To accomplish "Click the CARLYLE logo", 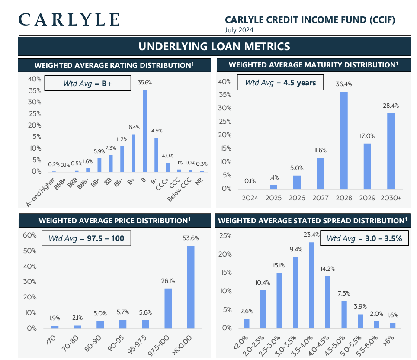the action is (x=69, y=20).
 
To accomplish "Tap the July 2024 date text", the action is (x=239, y=30).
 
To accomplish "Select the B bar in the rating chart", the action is (x=145, y=131).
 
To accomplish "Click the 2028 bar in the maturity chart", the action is (x=344, y=140).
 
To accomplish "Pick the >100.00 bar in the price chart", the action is (x=191, y=287).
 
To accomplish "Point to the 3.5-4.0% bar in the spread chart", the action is (x=311, y=285).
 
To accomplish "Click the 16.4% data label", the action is (x=133, y=127).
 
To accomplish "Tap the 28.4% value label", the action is (x=391, y=106).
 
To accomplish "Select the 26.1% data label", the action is (x=168, y=281).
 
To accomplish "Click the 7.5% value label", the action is (x=344, y=293).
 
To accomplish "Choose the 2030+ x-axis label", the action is (x=391, y=198).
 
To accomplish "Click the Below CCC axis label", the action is (x=180, y=189).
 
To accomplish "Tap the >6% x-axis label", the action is (x=388, y=341).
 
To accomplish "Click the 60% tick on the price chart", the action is (x=29, y=235).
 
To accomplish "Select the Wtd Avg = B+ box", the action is (x=87, y=83).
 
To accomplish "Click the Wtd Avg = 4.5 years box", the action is (x=280, y=83).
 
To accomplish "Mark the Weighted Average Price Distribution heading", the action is (x=115, y=221).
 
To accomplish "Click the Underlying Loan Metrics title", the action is (x=214, y=46).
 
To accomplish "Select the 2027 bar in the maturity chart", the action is (x=321, y=174).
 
